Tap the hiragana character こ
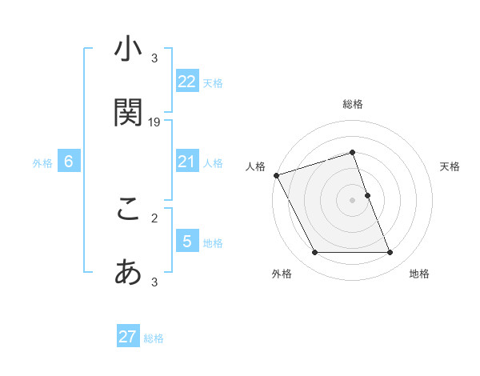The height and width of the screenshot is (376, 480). point(128,210)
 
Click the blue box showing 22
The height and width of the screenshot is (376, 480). point(187,82)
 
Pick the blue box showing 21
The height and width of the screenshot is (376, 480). point(187,162)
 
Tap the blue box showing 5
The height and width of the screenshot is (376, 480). point(187,242)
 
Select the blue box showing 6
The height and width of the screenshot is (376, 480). point(69,162)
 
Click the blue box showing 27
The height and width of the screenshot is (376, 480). point(128,337)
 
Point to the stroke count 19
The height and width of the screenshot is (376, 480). point(154,122)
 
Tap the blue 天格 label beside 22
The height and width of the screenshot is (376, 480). point(213,82)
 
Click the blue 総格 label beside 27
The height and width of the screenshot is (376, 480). point(154,338)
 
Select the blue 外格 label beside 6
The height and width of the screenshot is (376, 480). point(42,162)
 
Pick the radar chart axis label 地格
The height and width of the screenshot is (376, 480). point(419,274)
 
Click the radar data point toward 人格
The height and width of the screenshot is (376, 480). point(276,175)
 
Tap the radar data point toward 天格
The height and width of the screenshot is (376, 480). point(367,195)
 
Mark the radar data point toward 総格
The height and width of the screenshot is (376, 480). point(352,152)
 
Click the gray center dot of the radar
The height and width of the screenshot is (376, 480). point(352,200)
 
